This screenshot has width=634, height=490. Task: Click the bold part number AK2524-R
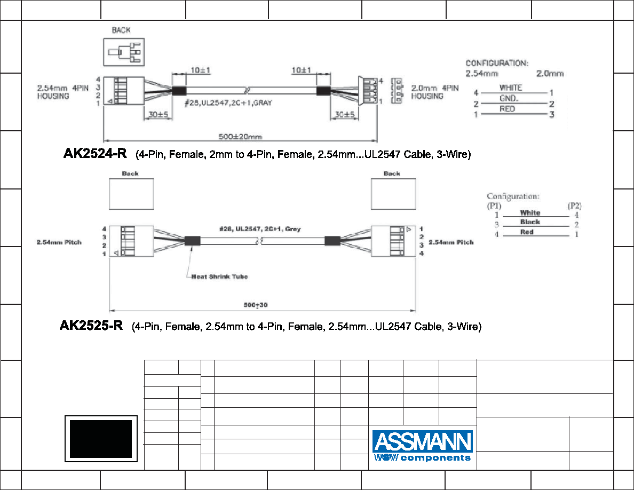(95, 153)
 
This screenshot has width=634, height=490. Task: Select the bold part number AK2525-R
(91, 326)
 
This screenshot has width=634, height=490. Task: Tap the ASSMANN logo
(423, 446)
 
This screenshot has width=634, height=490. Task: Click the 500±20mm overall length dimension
(240, 137)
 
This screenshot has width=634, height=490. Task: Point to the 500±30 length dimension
(256, 305)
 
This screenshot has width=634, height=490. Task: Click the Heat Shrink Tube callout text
(219, 276)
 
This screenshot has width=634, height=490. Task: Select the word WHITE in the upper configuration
(510, 88)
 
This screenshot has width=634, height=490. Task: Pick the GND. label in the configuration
(509, 98)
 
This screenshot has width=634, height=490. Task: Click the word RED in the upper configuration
(507, 109)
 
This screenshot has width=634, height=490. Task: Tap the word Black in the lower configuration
(530, 222)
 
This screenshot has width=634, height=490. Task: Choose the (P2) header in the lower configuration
(575, 206)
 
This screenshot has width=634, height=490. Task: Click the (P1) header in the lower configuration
(494, 206)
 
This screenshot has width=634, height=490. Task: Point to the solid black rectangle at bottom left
(101, 439)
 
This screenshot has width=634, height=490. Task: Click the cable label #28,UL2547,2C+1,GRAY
(228, 102)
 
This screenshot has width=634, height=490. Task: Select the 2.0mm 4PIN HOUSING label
(435, 92)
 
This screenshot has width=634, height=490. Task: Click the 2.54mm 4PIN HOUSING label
(62, 92)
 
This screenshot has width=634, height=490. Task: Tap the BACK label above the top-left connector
(121, 30)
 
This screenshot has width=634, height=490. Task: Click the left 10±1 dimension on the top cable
(201, 70)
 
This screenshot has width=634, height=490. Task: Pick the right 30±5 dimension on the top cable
(345, 114)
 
